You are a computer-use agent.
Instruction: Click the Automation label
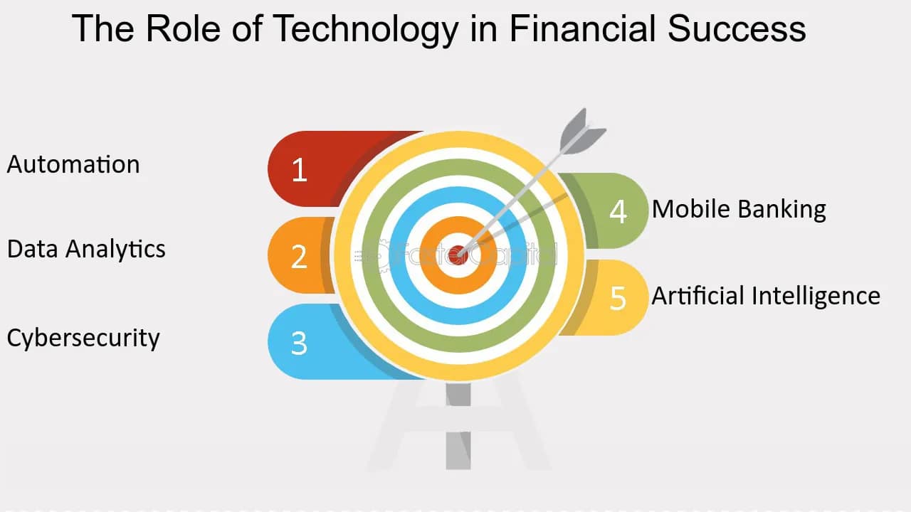click(73, 164)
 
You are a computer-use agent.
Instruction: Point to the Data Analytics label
click(86, 250)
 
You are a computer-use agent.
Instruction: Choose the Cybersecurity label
click(83, 337)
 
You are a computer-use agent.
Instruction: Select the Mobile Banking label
click(739, 209)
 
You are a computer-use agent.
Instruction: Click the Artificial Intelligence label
click(766, 295)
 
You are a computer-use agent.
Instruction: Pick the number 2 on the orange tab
click(299, 256)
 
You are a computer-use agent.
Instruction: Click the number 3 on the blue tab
click(299, 343)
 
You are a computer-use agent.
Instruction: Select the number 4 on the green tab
click(618, 211)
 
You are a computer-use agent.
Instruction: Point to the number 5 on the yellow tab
click(618, 298)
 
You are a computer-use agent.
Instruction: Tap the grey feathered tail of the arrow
click(580, 132)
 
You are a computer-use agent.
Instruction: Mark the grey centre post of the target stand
click(458, 427)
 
